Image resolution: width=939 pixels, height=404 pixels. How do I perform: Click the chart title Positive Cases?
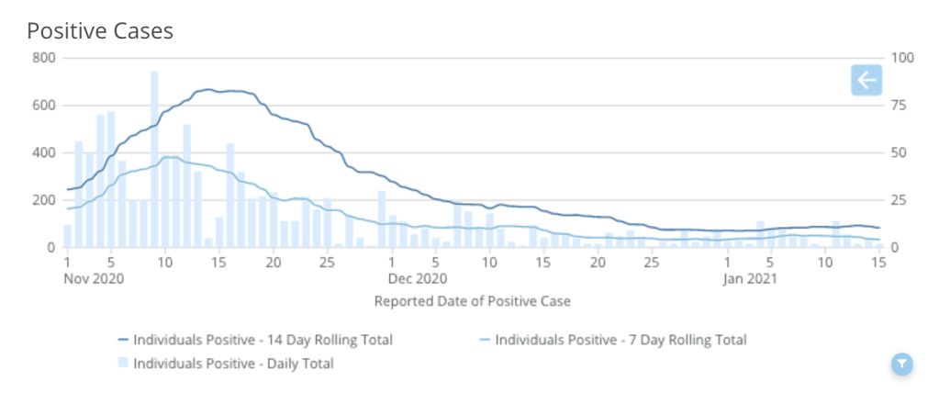pyautogui.click(x=100, y=30)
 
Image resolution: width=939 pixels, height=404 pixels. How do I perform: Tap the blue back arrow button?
pyautogui.click(x=866, y=81)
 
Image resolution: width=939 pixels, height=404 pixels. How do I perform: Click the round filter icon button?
pyautogui.click(x=903, y=365)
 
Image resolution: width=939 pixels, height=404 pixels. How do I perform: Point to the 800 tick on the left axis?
pyautogui.click(x=45, y=58)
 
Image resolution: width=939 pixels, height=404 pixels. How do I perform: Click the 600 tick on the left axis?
pyautogui.click(x=45, y=106)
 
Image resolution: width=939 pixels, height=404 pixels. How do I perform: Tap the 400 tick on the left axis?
pyautogui.click(x=45, y=152)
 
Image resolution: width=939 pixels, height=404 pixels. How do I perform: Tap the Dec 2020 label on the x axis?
pyautogui.click(x=418, y=277)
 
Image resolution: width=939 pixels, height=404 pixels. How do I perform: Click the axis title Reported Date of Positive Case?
pyautogui.click(x=473, y=300)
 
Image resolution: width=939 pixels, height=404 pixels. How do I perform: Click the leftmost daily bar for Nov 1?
pyautogui.click(x=67, y=236)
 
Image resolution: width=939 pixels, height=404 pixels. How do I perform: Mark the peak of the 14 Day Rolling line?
pyautogui.click(x=208, y=89)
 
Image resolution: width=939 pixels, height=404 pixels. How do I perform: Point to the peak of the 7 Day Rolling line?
pyautogui.click(x=170, y=157)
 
